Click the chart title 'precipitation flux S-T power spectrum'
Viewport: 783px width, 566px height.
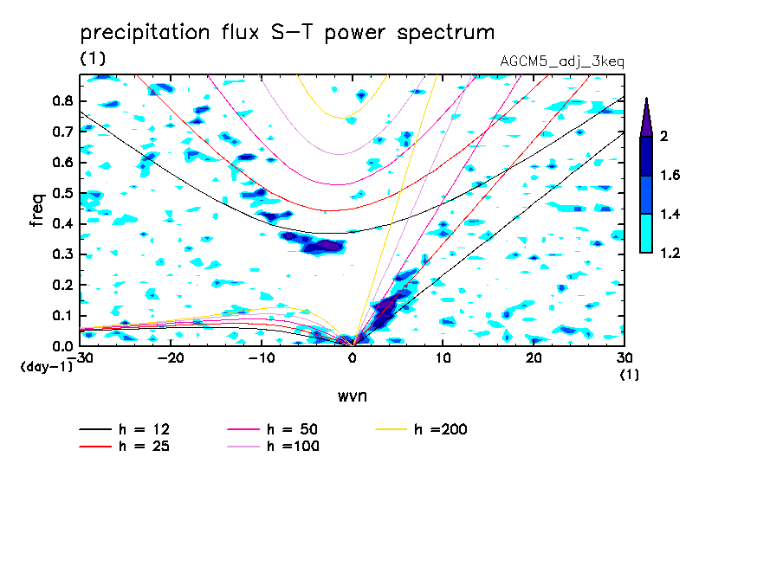(287, 33)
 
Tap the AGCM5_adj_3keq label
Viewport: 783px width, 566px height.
(562, 61)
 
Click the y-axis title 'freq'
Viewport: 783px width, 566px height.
(37, 209)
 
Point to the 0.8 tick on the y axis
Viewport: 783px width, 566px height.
(62, 100)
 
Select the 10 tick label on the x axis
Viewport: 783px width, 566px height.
(443, 357)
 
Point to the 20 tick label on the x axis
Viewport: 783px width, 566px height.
(534, 357)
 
